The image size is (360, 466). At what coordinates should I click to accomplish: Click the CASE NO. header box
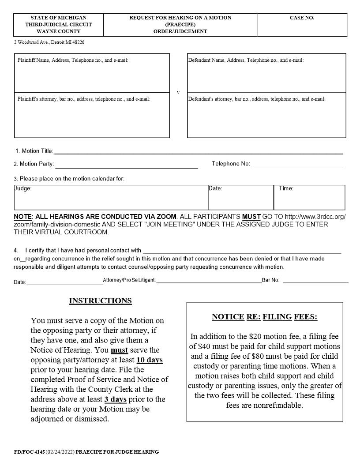click(302, 25)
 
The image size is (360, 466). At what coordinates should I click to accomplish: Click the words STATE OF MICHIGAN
click(59, 18)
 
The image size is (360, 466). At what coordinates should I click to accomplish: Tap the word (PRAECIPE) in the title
click(180, 25)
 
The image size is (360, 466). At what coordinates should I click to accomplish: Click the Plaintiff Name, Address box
click(92, 73)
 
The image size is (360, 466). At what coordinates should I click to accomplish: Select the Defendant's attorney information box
click(266, 115)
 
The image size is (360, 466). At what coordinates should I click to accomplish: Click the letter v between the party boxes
click(178, 93)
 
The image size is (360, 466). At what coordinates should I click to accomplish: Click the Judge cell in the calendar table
click(111, 197)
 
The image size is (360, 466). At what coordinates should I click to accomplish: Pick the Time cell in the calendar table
click(309, 197)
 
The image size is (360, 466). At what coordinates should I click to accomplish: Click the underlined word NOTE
click(22, 217)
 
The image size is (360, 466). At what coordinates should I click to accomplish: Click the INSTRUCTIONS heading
click(100, 301)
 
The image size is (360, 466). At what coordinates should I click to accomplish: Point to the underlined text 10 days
click(150, 360)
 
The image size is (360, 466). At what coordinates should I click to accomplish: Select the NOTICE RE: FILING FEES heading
click(264, 317)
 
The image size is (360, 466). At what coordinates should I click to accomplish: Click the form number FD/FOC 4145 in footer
click(29, 452)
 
